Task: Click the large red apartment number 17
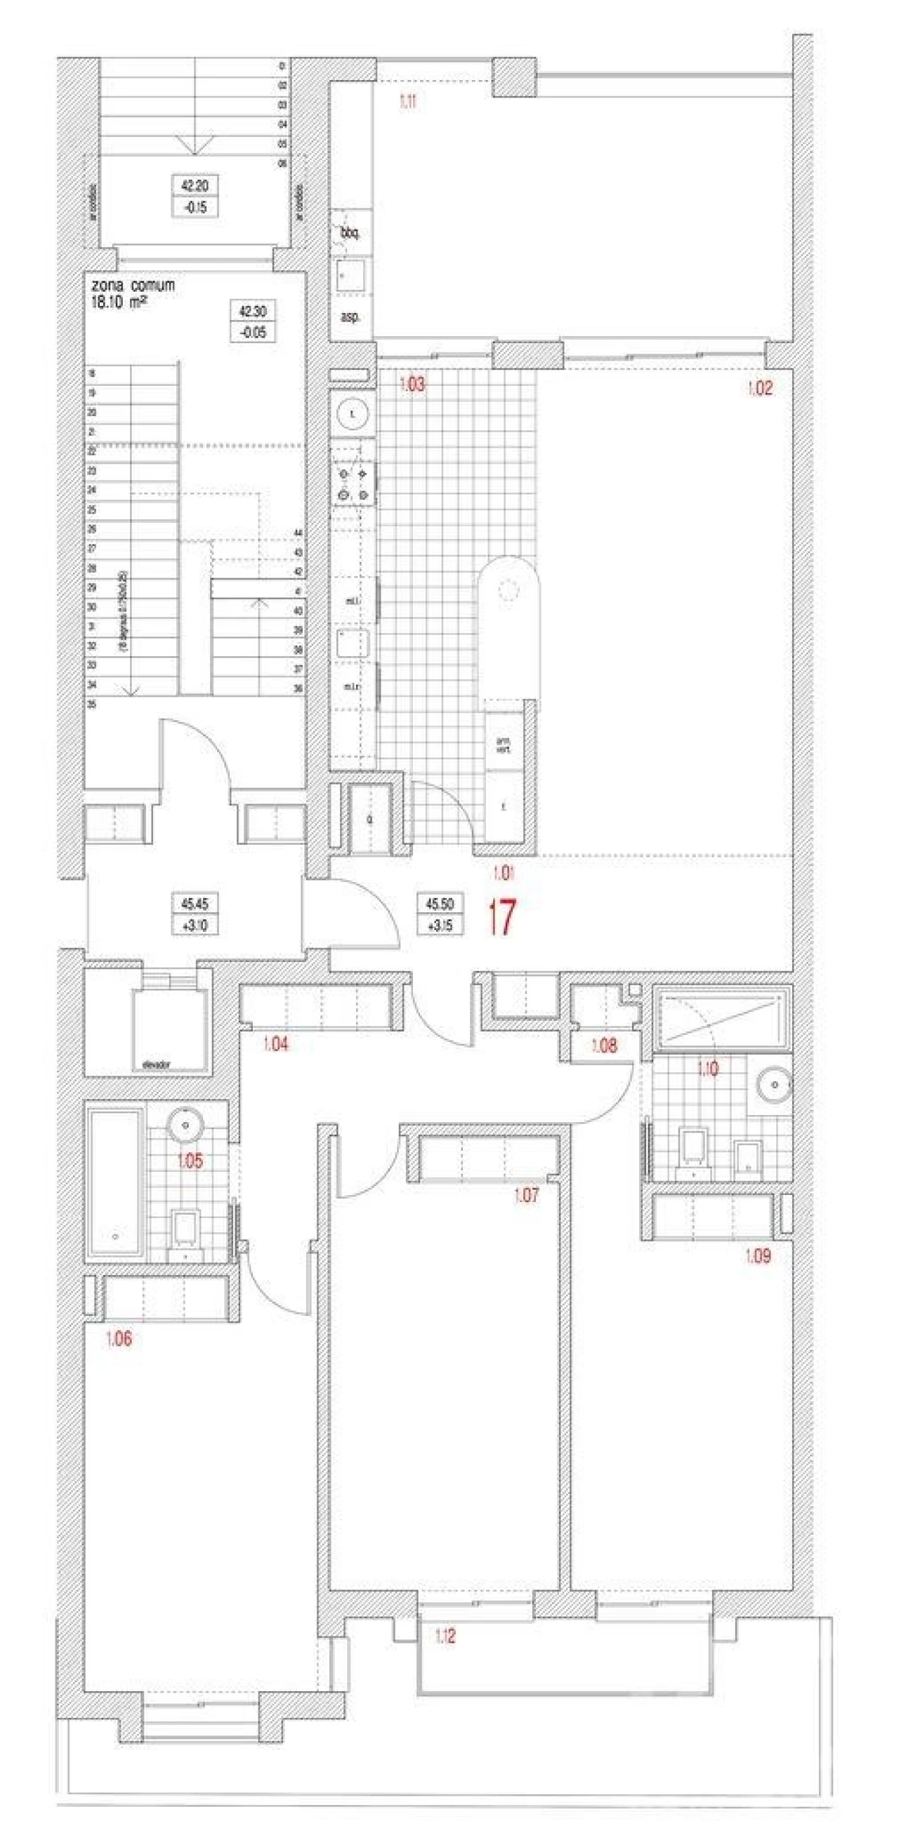click(501, 917)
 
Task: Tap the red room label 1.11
click(408, 102)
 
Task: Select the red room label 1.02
click(760, 387)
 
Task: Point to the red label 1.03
click(412, 385)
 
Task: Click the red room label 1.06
click(119, 1339)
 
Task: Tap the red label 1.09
click(758, 1256)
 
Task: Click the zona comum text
click(133, 286)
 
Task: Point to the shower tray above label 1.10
click(721, 1019)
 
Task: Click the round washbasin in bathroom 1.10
click(775, 1085)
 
